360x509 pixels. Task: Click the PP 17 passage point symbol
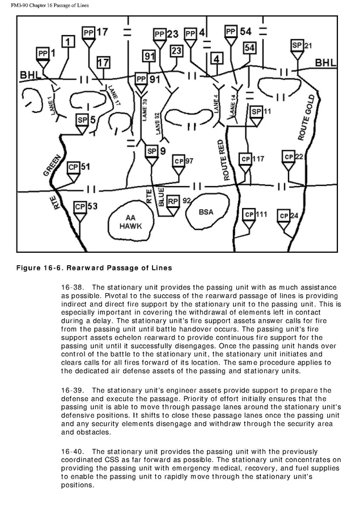coord(88,33)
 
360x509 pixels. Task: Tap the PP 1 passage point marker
coord(43,54)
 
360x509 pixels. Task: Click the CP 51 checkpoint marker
coord(73,168)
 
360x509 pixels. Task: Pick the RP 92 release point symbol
coord(173,201)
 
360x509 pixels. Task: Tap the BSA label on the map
coord(207,212)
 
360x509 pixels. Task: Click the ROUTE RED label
coord(229,160)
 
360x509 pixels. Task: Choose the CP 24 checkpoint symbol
coord(283,217)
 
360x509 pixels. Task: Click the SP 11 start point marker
coord(256,112)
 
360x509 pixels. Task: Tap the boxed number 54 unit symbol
coord(249,48)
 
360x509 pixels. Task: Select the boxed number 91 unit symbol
coord(149,56)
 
